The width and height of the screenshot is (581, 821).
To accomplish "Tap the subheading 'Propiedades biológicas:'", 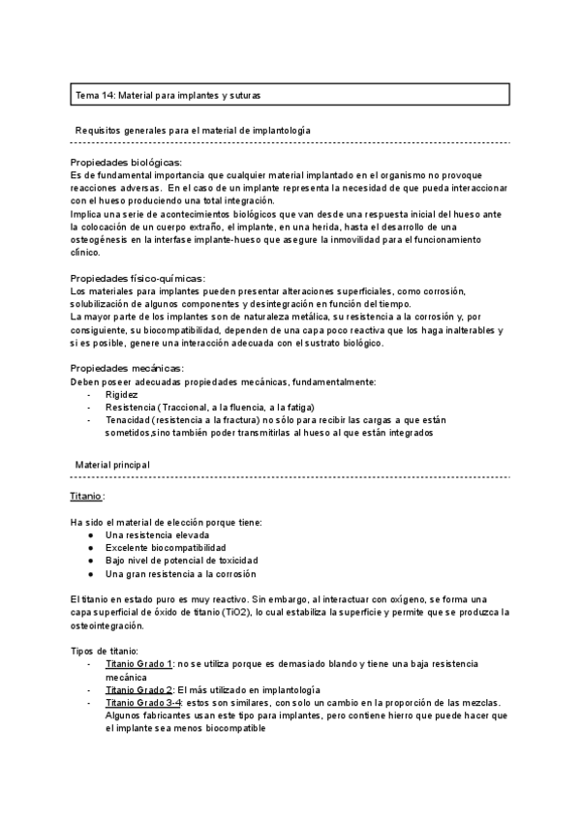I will point(127,162).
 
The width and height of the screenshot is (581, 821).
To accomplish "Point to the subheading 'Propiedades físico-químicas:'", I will point(138,279).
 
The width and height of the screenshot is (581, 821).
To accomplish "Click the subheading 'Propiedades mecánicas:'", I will point(127,368).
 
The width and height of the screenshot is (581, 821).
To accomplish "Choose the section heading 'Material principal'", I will point(112,465).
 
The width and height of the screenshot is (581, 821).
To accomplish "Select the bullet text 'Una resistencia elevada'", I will point(158,534).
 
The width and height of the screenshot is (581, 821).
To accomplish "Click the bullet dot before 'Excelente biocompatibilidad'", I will point(90,548).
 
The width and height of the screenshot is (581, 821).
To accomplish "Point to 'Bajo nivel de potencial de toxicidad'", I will point(181,561).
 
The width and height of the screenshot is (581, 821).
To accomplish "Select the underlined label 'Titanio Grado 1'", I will point(138,663).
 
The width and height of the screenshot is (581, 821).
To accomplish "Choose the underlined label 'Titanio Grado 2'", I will point(138,688).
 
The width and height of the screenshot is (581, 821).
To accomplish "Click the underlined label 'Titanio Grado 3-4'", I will point(143,701).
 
